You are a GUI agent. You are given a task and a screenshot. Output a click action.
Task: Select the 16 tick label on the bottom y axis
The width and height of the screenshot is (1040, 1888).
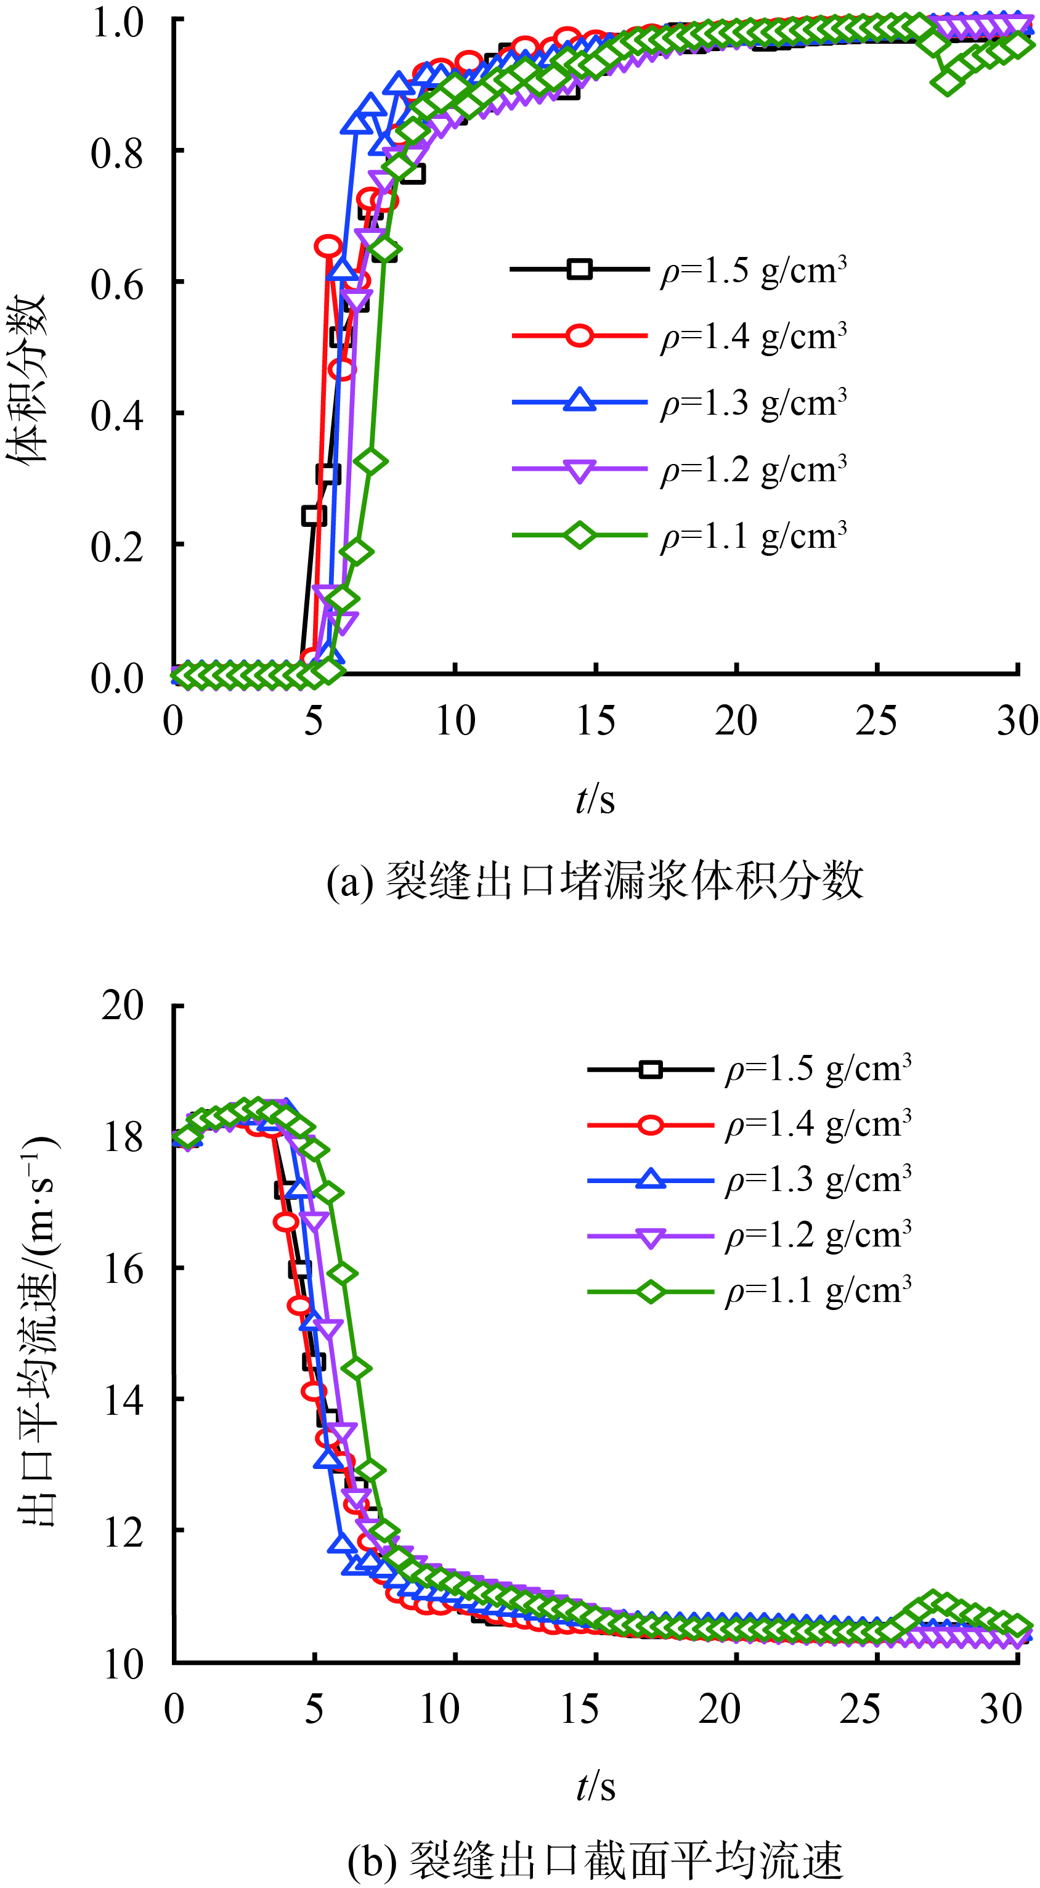coord(123,1269)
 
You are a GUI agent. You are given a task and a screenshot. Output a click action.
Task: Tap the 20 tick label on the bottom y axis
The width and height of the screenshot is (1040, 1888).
coord(123,1005)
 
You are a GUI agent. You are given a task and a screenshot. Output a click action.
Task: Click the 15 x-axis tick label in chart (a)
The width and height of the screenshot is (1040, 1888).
coord(595,721)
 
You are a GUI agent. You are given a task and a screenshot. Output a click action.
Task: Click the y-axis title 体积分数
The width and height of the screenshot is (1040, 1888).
coord(28,378)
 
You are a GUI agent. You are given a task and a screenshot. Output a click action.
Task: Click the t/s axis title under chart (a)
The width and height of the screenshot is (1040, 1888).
coord(595,799)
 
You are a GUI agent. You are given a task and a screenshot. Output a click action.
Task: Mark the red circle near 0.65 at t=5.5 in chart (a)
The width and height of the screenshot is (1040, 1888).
coord(328,246)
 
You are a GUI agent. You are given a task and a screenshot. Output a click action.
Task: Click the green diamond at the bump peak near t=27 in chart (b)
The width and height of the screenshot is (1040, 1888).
coord(932,1602)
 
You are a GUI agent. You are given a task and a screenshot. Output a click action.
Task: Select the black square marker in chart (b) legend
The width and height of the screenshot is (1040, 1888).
coord(650,1069)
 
